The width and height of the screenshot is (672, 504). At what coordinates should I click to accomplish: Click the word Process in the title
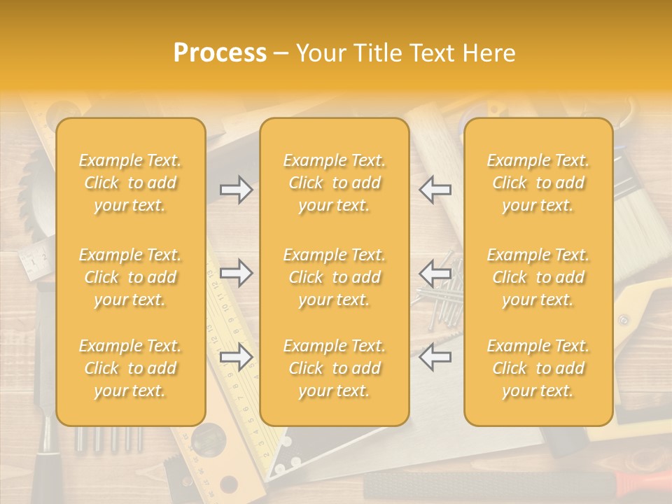tap(220, 53)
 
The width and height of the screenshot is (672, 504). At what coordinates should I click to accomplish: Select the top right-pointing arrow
tap(236, 190)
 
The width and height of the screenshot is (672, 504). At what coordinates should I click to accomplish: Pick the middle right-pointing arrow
tap(236, 273)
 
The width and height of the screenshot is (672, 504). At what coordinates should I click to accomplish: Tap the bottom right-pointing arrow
tap(236, 357)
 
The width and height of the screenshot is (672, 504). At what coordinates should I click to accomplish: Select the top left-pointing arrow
tap(435, 190)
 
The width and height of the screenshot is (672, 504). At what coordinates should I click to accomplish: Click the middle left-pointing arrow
tap(435, 273)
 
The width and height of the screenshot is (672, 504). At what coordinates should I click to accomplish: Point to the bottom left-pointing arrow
tap(435, 357)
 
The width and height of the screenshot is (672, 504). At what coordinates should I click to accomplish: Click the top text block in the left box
tap(130, 183)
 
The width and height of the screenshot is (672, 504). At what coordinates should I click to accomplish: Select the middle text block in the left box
tap(130, 277)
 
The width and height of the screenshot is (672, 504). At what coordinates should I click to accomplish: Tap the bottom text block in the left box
tap(130, 368)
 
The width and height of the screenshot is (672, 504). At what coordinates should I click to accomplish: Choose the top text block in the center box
tap(334, 183)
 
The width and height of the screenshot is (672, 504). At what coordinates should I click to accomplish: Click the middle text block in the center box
tap(334, 277)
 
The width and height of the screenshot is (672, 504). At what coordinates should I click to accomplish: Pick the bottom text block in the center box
tap(334, 368)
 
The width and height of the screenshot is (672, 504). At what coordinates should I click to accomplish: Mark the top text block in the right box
tap(538, 183)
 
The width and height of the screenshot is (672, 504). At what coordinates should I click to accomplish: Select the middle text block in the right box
tap(538, 277)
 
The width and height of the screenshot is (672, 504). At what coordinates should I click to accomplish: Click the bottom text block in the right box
tap(538, 368)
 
